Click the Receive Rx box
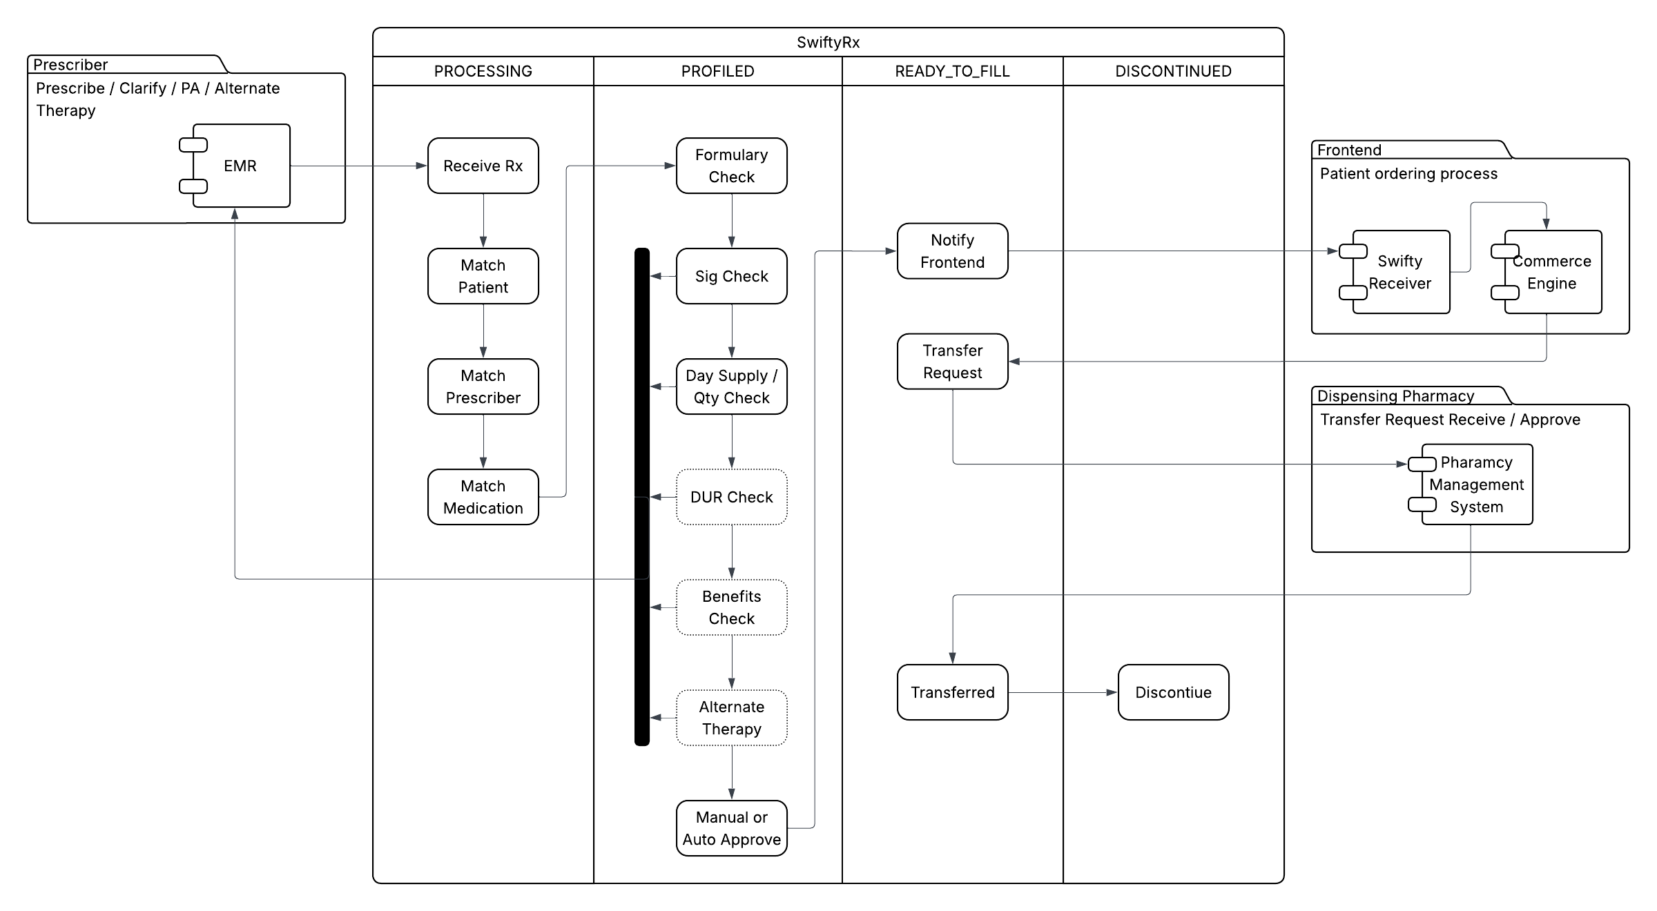(x=483, y=166)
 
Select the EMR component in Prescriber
(x=240, y=166)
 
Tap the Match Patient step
(x=483, y=276)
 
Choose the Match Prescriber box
(x=483, y=386)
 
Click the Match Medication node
(x=483, y=497)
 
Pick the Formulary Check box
(x=731, y=166)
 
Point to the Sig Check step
(x=731, y=276)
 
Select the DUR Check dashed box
(x=731, y=497)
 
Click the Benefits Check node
(x=731, y=607)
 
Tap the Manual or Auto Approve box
(x=731, y=828)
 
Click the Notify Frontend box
(x=952, y=251)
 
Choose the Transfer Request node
(x=952, y=362)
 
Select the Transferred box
(x=952, y=692)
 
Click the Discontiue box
(x=1173, y=692)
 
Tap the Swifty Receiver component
(x=1400, y=272)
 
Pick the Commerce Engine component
(x=1552, y=272)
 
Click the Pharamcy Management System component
(x=1476, y=484)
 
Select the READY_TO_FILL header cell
(x=952, y=71)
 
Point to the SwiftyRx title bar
(x=828, y=42)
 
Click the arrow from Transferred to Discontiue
(x=1063, y=692)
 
